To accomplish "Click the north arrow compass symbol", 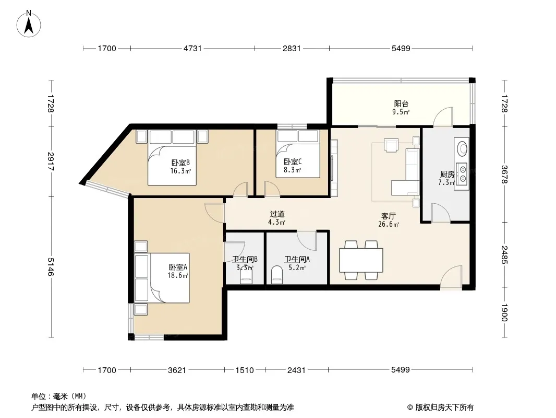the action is point(29,24).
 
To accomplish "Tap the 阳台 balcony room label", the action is point(401,103).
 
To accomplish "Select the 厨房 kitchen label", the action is point(447,175).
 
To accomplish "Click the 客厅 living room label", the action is point(388,216).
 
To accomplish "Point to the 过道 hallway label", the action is point(277,214).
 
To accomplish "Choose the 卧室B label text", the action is point(180,162).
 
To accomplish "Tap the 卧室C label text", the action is point(293,161).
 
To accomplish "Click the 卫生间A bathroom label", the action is point(297,260).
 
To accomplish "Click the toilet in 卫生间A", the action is point(277,275).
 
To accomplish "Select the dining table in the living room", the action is point(361,260).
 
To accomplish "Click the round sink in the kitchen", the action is point(463,148).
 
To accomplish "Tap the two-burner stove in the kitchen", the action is point(463,174).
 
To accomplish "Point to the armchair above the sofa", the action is point(391,145).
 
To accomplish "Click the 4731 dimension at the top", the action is point(192,48).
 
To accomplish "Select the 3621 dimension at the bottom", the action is point(177,370).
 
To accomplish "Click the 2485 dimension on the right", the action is point(504,255).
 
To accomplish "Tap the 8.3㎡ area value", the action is point(292,170).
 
